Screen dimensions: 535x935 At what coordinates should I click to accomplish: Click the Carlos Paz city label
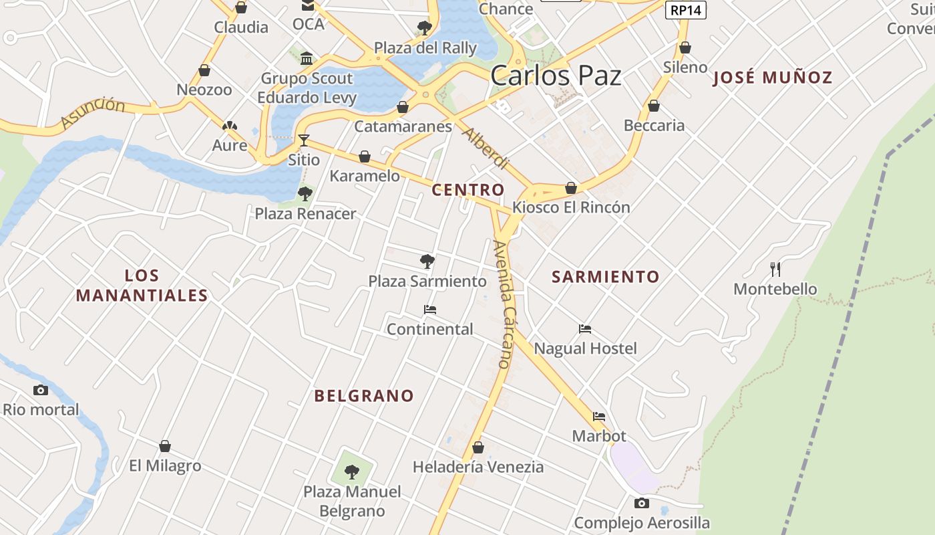[556, 76]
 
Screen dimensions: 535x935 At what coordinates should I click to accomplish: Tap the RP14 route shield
[686, 10]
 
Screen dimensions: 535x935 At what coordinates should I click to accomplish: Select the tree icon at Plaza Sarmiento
[427, 261]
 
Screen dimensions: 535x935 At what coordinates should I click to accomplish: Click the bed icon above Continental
[430, 310]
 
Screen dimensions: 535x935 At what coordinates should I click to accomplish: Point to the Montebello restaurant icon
[775, 270]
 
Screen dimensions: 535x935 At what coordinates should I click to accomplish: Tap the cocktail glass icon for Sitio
[304, 140]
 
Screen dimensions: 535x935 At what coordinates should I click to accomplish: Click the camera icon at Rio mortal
[41, 390]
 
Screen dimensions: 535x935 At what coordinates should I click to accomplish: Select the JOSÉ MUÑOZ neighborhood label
[773, 78]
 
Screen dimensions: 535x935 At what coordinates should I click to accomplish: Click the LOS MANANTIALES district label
[142, 286]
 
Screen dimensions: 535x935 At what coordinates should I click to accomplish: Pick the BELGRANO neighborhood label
[364, 396]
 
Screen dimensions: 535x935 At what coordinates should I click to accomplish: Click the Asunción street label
[93, 112]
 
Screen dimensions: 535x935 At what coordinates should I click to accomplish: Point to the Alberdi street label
[486, 148]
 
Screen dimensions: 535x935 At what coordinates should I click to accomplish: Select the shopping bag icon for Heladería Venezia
[478, 447]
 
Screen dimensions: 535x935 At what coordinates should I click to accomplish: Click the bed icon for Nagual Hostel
[585, 329]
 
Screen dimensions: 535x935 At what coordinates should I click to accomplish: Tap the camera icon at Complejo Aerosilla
[642, 503]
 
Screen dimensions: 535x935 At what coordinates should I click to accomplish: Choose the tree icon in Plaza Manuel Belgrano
[352, 472]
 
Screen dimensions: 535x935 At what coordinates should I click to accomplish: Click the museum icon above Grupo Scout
[307, 59]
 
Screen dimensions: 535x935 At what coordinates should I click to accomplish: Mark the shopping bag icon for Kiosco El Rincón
[571, 188]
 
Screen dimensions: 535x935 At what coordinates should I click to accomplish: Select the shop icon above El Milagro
[165, 446]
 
